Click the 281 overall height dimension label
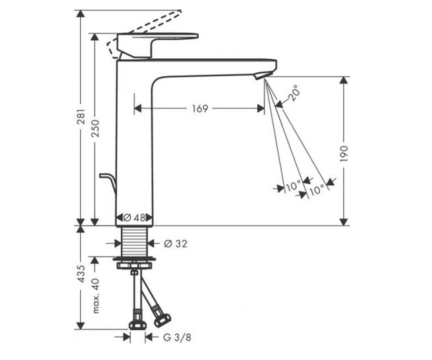(81, 117)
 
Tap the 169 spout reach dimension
(200, 108)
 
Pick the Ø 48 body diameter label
(135, 218)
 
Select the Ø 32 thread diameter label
(176, 244)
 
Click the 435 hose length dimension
(81, 274)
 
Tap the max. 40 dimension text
(96, 296)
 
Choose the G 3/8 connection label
(177, 337)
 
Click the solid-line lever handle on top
(157, 45)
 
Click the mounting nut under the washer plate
(135, 265)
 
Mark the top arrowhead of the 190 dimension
(344, 80)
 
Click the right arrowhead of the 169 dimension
(261, 108)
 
